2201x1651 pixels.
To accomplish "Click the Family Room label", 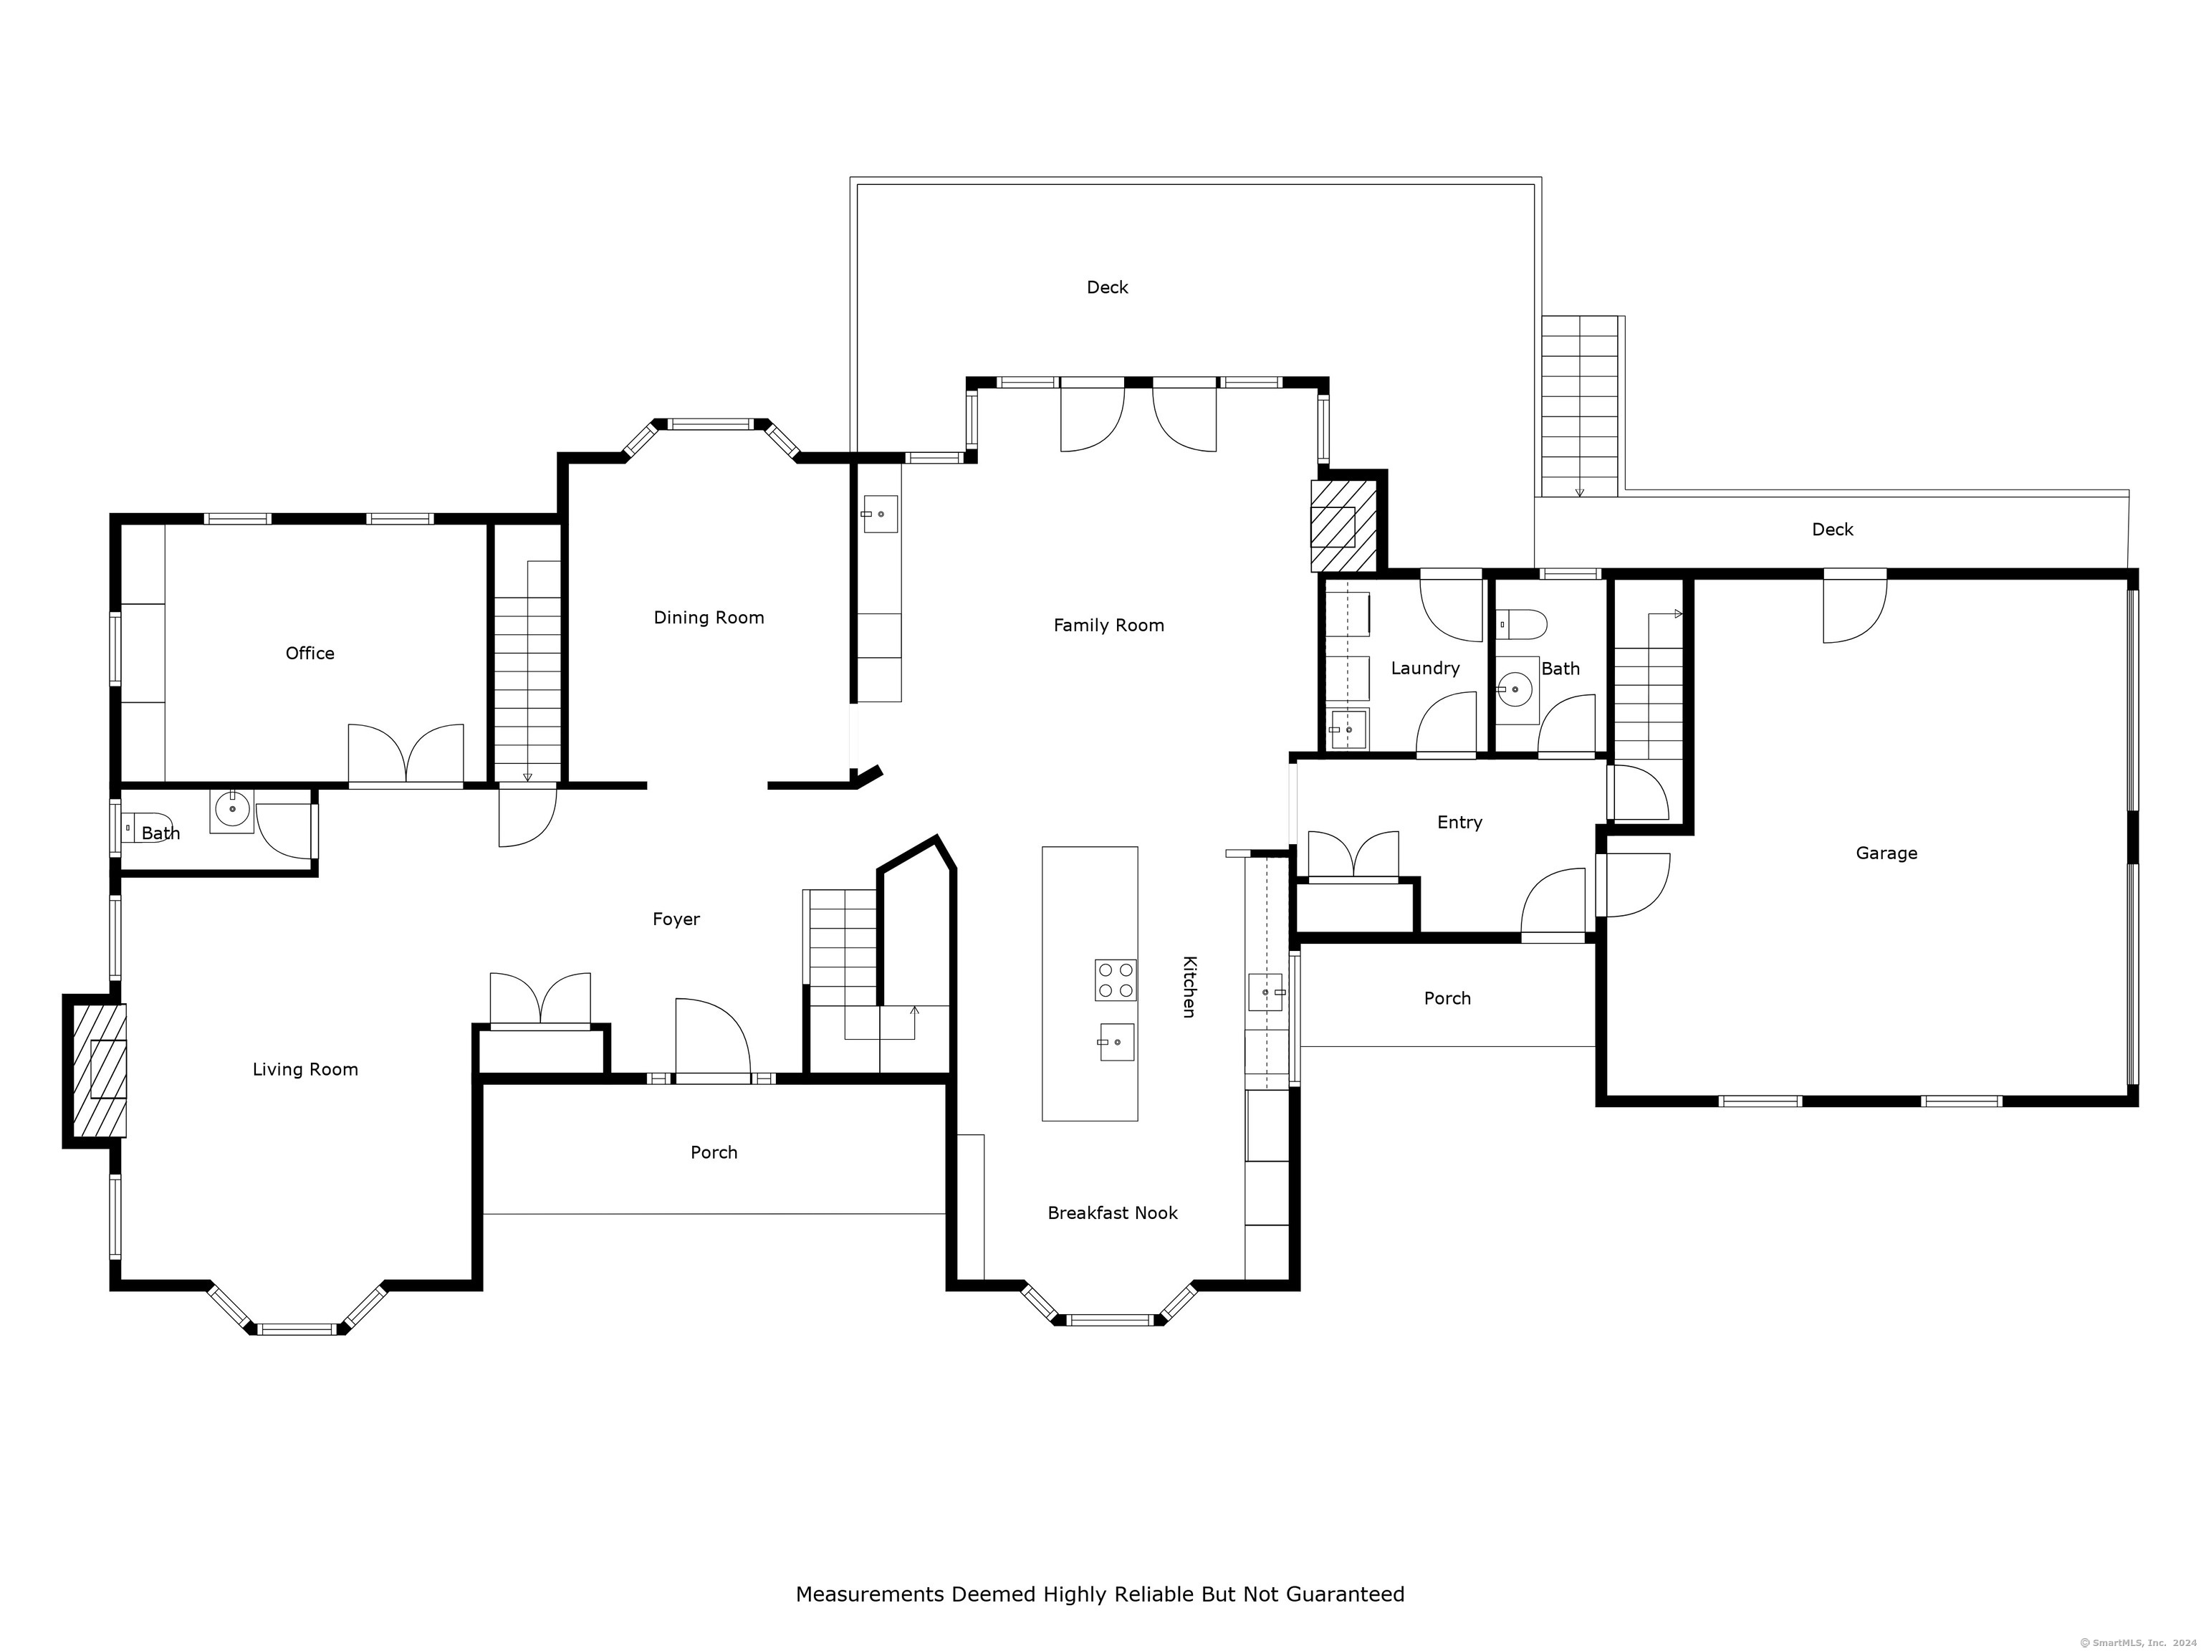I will [1108, 625].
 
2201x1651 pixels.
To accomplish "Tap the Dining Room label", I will [709, 617].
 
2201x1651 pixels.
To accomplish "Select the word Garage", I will [1886, 853].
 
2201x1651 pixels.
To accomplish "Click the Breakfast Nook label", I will [1113, 1212].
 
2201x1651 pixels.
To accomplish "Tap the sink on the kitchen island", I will [1116, 1042].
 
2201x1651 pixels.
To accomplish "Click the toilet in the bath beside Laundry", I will [1521, 624].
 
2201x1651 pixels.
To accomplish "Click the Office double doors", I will [405, 756].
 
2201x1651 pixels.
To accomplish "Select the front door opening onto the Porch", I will [712, 1040].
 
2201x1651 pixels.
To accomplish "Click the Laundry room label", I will [1425, 668].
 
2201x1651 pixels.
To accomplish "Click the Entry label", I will [1459, 822].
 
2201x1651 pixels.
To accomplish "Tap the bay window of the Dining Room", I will [711, 424].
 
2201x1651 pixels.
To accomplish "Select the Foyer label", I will [676, 919].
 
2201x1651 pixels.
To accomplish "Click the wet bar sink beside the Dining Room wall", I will [880, 514].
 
